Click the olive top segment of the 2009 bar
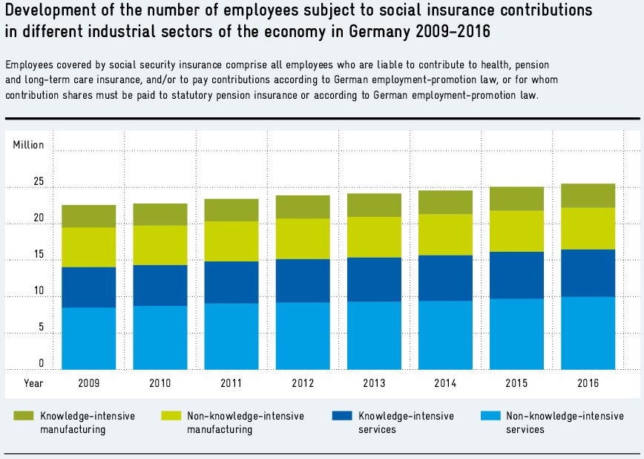tap(88, 215)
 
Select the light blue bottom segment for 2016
tap(588, 333)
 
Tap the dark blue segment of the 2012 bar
tap(303, 280)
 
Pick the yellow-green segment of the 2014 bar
tap(445, 235)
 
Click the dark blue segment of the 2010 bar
tap(160, 285)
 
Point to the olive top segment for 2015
tap(516, 198)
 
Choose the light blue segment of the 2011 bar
tap(231, 336)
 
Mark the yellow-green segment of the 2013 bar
tap(374, 237)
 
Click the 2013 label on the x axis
tap(373, 383)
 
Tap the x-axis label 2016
tap(587, 383)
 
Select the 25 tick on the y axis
tap(39, 182)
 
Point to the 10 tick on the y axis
tap(39, 291)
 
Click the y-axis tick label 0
tap(42, 364)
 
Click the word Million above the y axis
tap(29, 145)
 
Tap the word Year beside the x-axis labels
tap(33, 383)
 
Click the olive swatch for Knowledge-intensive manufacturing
tap(24, 417)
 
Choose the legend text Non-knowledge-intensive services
tap(565, 423)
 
